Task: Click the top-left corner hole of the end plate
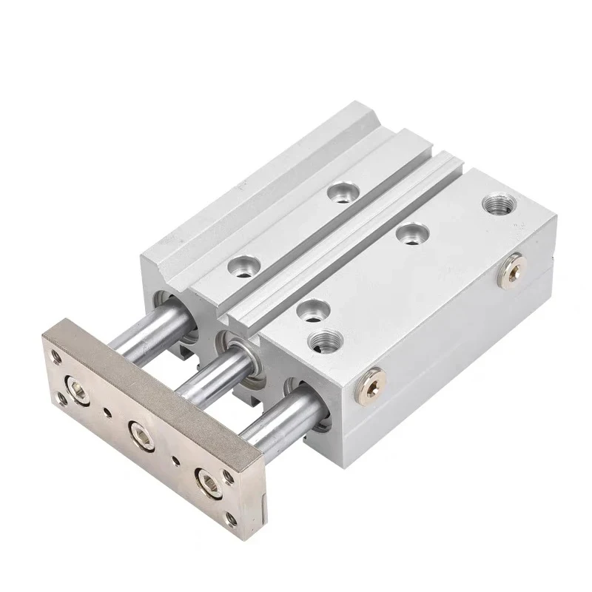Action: (x=55, y=357)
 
